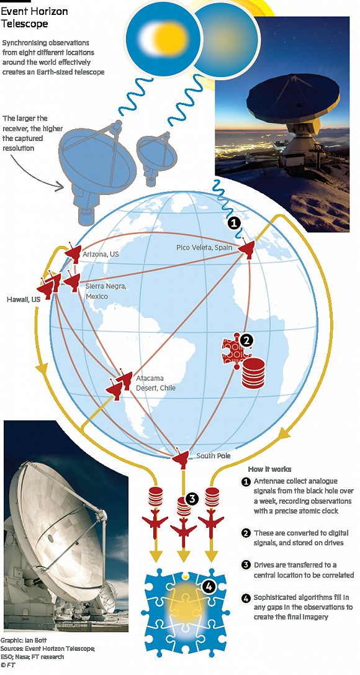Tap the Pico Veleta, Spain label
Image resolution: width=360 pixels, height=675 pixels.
pyautogui.click(x=204, y=248)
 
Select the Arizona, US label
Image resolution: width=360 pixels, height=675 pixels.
pyautogui.click(x=101, y=255)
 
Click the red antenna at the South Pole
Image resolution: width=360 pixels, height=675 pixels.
pyautogui.click(x=181, y=458)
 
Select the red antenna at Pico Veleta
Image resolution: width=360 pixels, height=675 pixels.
pyautogui.click(x=247, y=248)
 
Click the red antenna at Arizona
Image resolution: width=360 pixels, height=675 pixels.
pyautogui.click(x=73, y=253)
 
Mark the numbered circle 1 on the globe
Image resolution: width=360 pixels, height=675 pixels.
pyautogui.click(x=233, y=223)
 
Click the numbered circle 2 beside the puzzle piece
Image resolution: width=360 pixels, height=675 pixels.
pyautogui.click(x=246, y=340)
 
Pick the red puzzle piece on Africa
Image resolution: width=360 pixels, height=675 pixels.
pyautogui.click(x=235, y=351)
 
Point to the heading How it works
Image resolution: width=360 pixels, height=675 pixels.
pyautogui.click(x=269, y=469)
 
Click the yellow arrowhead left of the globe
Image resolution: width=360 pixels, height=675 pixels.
pyautogui.click(x=43, y=368)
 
